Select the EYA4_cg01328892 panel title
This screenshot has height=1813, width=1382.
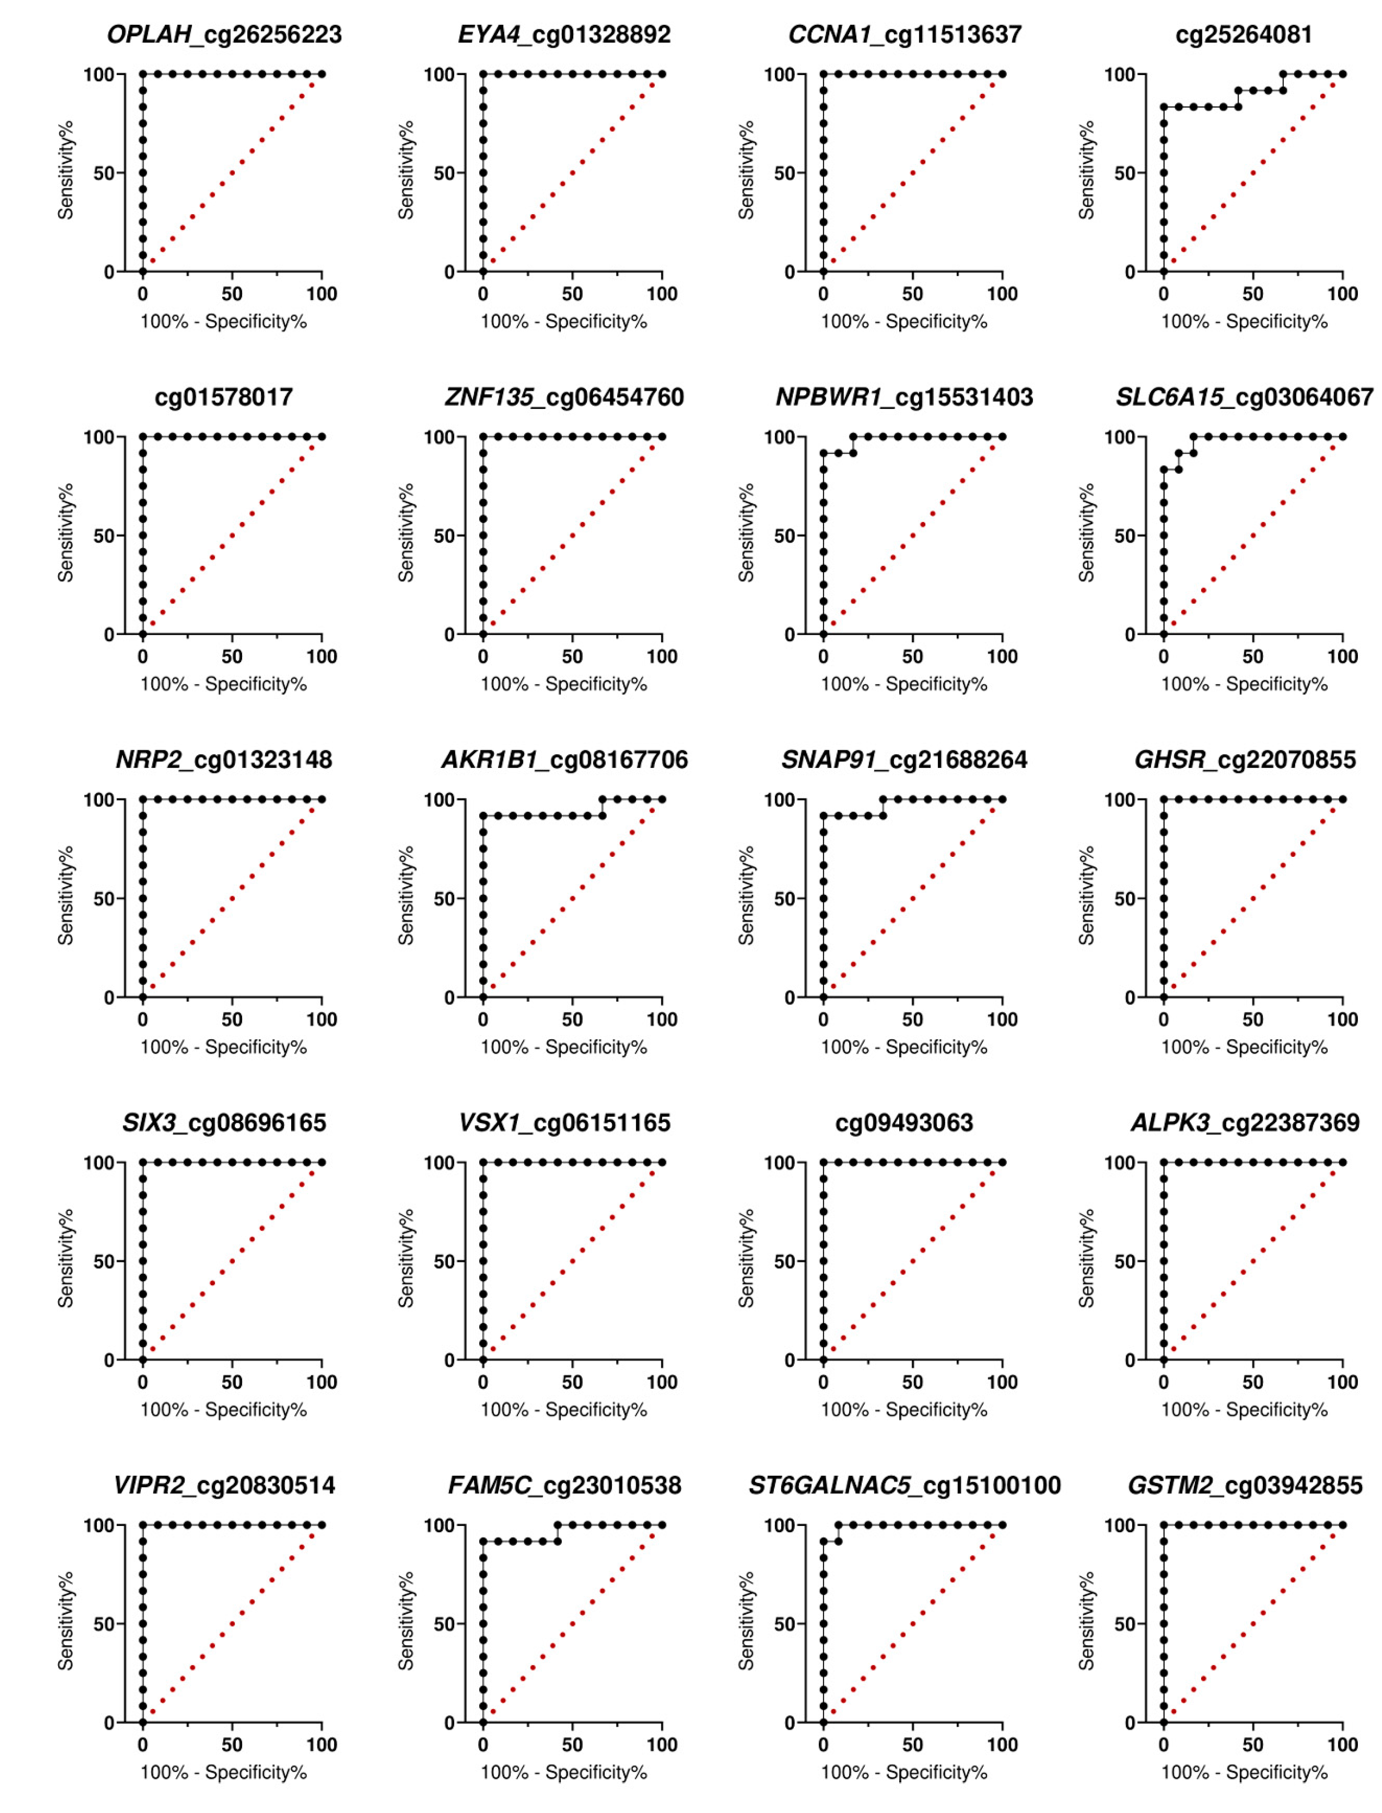564,34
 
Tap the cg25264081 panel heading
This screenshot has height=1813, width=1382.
1244,34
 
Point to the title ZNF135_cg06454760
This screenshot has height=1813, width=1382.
564,397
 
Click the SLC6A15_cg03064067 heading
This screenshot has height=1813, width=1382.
1244,397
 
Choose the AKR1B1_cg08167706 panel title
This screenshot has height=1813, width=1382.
564,759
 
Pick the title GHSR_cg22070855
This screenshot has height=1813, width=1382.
1244,759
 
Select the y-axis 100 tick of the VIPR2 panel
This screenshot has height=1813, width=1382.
99,1525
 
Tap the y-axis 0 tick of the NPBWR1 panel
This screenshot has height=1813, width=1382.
790,634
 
